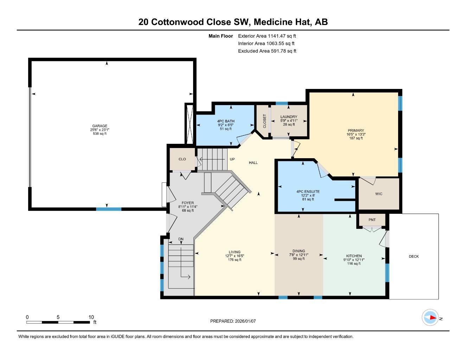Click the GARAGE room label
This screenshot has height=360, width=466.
point(100,126)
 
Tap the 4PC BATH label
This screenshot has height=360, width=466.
point(225,121)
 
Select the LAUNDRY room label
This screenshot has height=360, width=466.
point(288,117)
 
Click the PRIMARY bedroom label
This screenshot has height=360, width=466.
point(356,131)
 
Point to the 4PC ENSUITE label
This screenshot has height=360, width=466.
point(308,192)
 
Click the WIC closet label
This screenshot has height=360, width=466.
point(378,194)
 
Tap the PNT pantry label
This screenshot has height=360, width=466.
point(372,220)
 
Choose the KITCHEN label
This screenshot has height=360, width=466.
point(353,256)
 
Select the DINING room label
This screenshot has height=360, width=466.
point(299,251)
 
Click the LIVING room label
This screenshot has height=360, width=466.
point(234,252)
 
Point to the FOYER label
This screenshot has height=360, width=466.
point(187,203)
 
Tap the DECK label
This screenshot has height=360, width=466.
point(414,256)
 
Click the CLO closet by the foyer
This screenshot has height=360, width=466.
point(182,159)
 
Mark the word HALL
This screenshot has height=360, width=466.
point(253,163)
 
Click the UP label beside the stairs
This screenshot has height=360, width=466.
point(232,159)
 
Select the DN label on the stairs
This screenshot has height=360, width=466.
point(181,239)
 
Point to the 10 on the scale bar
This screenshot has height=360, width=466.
point(91,317)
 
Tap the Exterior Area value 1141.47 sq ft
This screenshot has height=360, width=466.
point(282,36)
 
